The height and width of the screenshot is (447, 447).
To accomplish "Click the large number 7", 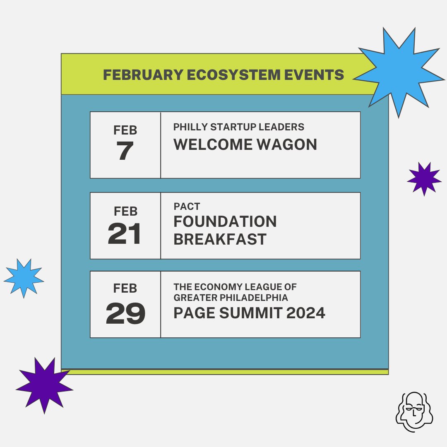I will (125, 152).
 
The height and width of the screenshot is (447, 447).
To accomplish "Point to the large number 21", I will (125, 234).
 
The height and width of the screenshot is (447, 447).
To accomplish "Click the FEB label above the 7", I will (125, 131).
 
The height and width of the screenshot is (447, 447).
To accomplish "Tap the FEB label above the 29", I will (125, 288).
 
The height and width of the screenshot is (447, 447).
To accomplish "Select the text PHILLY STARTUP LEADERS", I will (239, 127).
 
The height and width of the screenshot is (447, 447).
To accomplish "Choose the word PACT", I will (187, 207).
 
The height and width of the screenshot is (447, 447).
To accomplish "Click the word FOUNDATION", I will (225, 222).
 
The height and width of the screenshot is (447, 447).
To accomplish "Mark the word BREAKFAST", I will (220, 240).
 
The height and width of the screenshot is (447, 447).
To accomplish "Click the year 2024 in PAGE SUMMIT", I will (305, 313).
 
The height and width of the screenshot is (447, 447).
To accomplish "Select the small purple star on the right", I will (424, 179).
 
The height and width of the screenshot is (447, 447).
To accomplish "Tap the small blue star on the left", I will (24, 278).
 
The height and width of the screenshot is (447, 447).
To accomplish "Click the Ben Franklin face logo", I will (414, 411).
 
